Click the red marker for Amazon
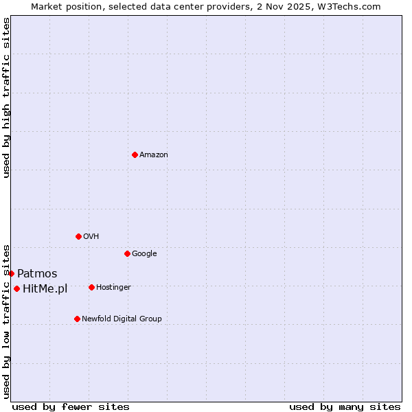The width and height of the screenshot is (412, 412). click(x=135, y=154)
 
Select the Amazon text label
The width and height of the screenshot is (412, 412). click(x=154, y=155)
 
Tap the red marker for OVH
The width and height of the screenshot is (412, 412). click(x=78, y=236)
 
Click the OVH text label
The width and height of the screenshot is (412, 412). click(x=91, y=237)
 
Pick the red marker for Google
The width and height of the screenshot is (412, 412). click(x=127, y=253)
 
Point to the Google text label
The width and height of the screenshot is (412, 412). click(x=144, y=254)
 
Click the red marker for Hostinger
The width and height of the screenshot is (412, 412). click(x=91, y=287)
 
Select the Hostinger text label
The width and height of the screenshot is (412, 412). click(x=114, y=288)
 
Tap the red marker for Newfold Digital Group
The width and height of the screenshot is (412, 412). click(x=77, y=319)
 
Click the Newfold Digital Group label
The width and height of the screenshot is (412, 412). click(x=122, y=319)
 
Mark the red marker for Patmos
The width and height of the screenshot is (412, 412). click(x=11, y=273)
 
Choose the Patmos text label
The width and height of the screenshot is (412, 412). click(x=37, y=274)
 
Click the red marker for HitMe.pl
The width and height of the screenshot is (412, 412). click(x=16, y=288)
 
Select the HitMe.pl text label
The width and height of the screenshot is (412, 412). click(x=45, y=289)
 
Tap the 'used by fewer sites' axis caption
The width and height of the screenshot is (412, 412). click(x=71, y=407)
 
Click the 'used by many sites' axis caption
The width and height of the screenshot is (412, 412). click(x=345, y=407)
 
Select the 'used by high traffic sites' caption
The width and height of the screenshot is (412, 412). click(x=6, y=98)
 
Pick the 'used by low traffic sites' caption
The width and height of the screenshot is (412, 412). click(x=6, y=321)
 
